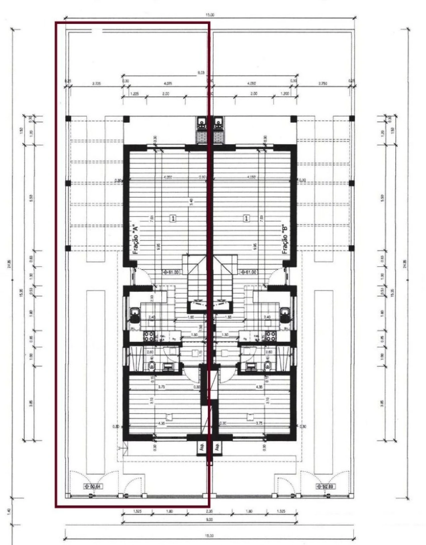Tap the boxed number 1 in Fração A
173,218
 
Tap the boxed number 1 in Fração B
246,218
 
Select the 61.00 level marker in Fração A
171,272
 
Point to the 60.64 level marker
93,486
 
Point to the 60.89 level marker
325,486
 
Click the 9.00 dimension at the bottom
209,519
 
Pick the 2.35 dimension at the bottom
209,511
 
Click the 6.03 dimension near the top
201,72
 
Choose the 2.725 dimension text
96,84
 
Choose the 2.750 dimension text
322,84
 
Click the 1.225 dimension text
134,94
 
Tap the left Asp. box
201,447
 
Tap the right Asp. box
217,447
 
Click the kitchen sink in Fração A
134,315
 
